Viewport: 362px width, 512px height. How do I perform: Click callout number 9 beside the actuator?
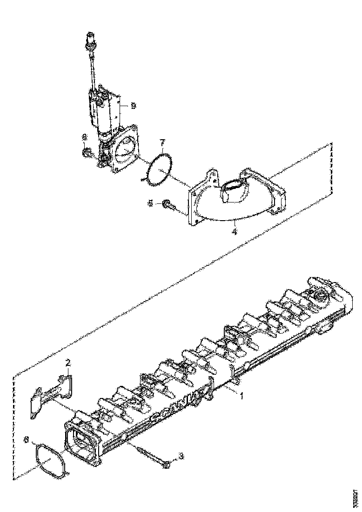point(134,106)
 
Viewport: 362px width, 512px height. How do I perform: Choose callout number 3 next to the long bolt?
point(181,456)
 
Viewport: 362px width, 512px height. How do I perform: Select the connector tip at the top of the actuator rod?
point(90,39)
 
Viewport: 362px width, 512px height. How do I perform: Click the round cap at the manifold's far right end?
point(321,296)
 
